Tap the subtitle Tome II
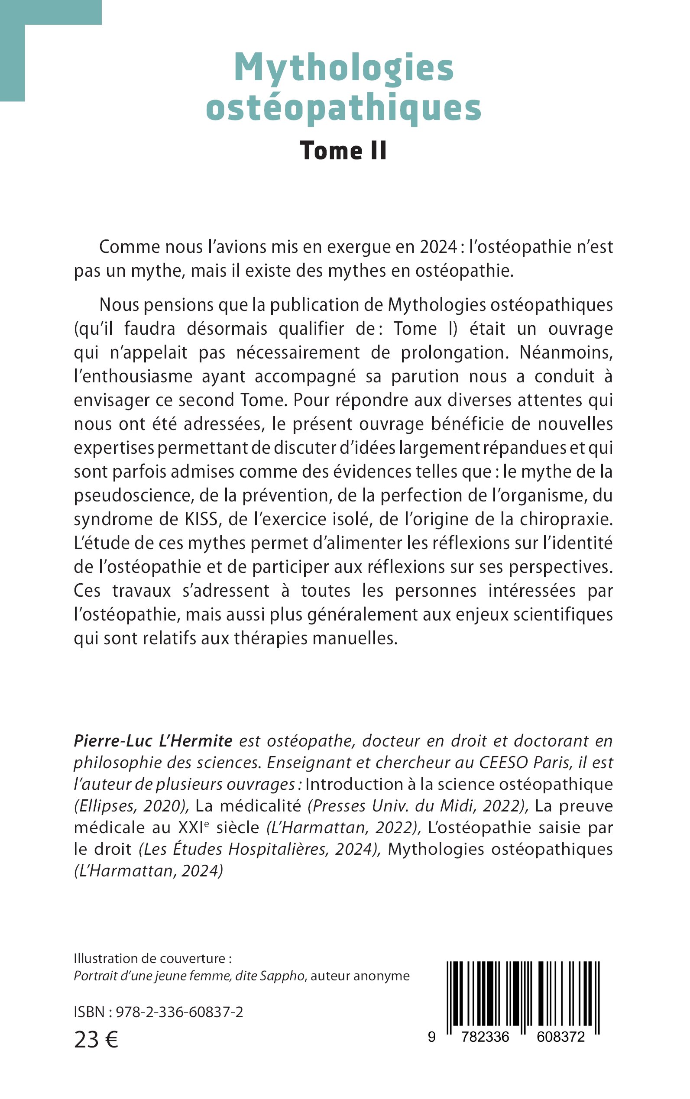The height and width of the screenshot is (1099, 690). point(343,151)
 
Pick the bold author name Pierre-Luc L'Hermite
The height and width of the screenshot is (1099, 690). point(153,740)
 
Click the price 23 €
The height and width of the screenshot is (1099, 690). point(96,1040)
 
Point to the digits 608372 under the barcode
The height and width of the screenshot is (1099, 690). point(560,1037)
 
